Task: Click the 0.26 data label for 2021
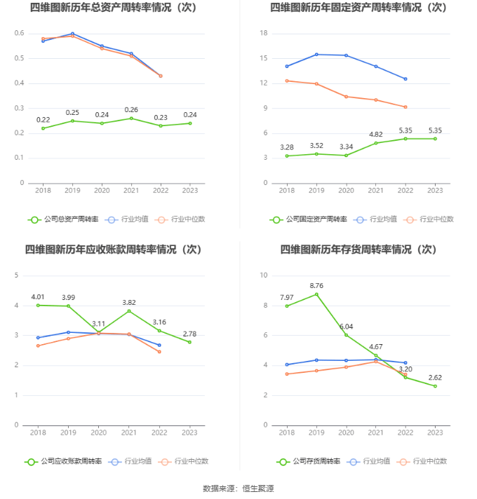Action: pyautogui.click(x=131, y=110)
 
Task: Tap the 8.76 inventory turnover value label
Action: pyautogui.click(x=316, y=285)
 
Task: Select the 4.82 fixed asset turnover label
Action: pyautogui.click(x=376, y=134)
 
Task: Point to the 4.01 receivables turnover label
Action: pyautogui.click(x=39, y=296)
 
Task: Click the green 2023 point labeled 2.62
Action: pyautogui.click(x=435, y=386)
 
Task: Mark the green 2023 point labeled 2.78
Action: pyautogui.click(x=189, y=342)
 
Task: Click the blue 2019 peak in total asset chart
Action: pyautogui.click(x=72, y=34)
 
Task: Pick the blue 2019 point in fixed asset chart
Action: pyautogui.click(x=316, y=55)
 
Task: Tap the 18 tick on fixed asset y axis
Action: pyautogui.click(x=264, y=33)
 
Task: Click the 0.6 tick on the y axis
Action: pyautogui.click(x=20, y=34)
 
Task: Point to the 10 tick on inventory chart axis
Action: pyautogui.click(x=264, y=275)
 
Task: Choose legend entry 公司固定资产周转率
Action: pyautogui.click(x=309, y=219)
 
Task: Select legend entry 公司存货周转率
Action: pyautogui.click(x=309, y=461)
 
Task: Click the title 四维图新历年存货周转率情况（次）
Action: pyautogui.click(x=358, y=249)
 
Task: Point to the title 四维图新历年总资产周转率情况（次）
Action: pyautogui.click(x=113, y=8)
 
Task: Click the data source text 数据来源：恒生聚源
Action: pyautogui.click(x=238, y=488)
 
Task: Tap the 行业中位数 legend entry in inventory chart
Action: pyautogui.click(x=422, y=461)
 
